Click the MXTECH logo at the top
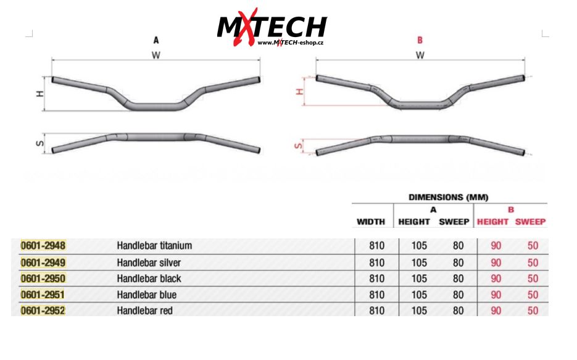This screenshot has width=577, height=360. point(272,27)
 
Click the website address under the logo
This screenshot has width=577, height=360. point(290,43)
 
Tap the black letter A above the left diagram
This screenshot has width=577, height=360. point(156,40)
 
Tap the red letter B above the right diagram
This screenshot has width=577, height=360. point(420,40)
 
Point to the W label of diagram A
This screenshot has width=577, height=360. point(156,54)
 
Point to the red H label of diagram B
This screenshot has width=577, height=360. point(300,91)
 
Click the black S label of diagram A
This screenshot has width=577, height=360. point(39,144)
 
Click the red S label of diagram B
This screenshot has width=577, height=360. point(299,146)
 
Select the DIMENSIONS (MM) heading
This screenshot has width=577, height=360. point(449,197)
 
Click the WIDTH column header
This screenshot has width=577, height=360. point(371,222)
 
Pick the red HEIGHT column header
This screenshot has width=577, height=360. point(492,222)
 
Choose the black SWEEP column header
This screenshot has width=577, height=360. point(454,222)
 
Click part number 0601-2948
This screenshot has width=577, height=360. point(43,246)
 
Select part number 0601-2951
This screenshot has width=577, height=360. point(43,295)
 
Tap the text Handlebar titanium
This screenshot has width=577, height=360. point(154,246)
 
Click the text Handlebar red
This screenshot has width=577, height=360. point(144,311)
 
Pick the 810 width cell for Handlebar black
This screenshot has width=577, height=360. point(376,278)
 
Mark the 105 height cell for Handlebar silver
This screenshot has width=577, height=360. point(419,262)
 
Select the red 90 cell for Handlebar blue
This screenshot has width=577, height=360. point(496,295)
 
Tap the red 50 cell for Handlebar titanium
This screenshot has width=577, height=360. point(533,246)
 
